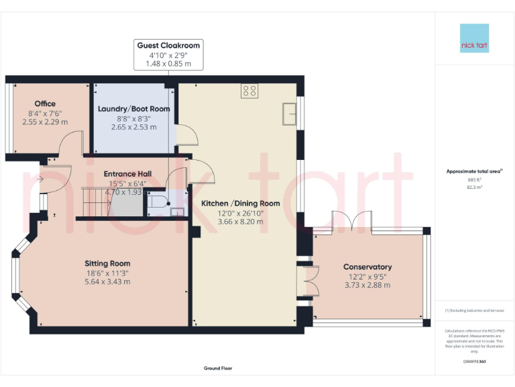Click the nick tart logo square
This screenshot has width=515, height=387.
474,38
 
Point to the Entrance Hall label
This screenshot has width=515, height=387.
127,174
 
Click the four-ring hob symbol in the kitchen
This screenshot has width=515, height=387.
249,90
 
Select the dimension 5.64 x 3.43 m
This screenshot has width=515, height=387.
107,282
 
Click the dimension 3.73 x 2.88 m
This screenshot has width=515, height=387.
367,286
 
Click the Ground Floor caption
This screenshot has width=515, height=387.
218,368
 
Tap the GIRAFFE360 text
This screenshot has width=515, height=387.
474,362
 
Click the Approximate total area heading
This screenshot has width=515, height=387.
473,171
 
